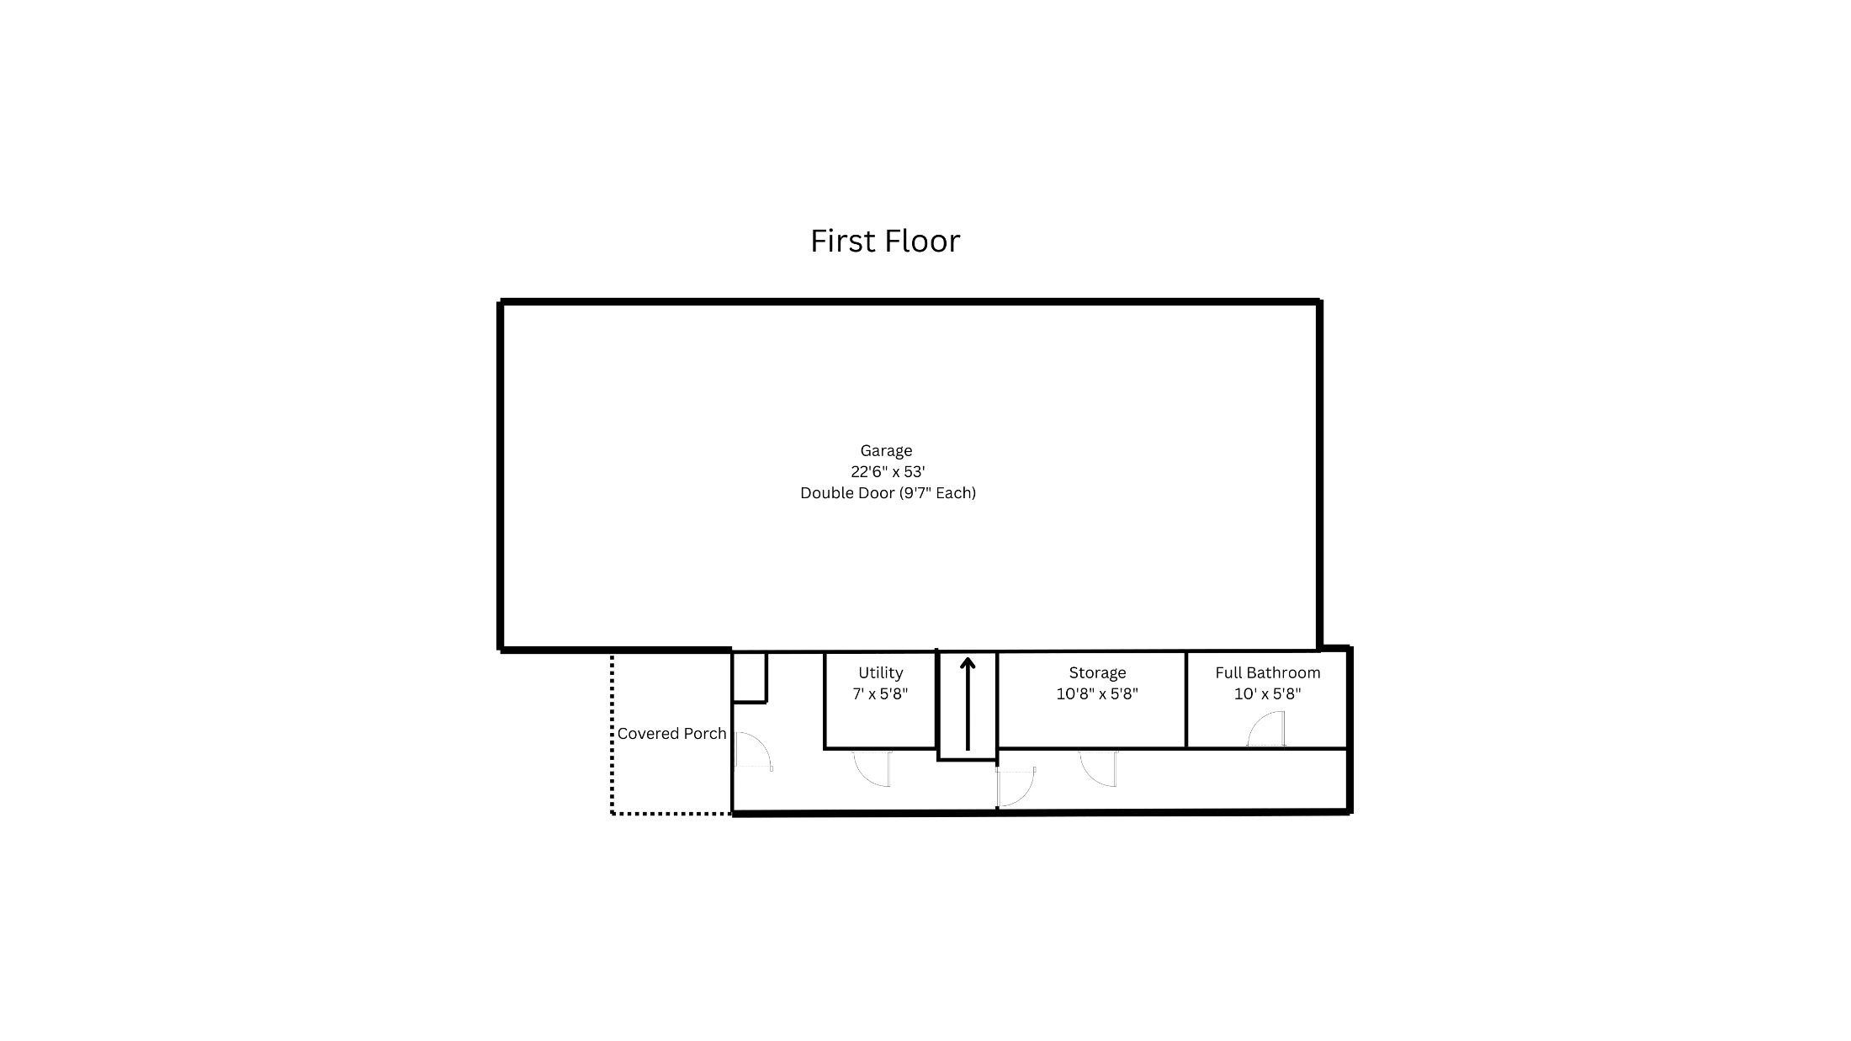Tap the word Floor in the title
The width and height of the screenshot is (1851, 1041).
924,242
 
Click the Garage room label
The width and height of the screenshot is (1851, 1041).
886,451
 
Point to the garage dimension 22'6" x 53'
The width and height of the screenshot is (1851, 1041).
888,472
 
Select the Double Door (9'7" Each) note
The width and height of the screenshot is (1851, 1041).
888,493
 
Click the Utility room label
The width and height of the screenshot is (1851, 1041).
880,673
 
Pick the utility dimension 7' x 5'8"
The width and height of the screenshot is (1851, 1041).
880,694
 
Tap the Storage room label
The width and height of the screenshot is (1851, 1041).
1097,673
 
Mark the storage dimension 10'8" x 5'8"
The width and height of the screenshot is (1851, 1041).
1097,694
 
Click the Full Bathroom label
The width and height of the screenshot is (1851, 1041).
1268,673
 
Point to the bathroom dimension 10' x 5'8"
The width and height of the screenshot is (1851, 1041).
1268,694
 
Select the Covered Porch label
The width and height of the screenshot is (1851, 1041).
671,734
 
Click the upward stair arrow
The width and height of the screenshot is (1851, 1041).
968,704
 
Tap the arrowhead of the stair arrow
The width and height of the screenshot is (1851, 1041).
968,663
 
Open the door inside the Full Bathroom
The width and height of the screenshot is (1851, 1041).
1266,729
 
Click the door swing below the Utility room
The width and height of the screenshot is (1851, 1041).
872,768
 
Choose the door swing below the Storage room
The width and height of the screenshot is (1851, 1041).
1098,768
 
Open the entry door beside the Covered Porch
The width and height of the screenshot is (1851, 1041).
754,751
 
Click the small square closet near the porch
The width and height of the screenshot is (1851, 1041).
749,677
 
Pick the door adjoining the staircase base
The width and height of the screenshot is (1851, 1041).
1016,787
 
